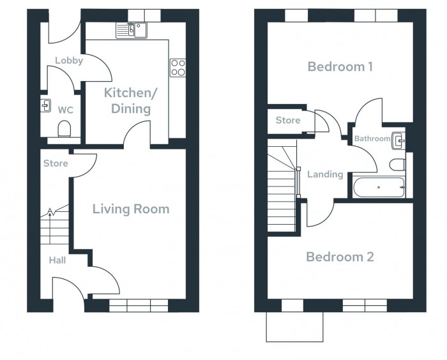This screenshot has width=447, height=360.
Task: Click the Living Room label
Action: click(x=131, y=209)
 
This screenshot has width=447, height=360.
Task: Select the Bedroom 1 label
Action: click(x=340, y=66)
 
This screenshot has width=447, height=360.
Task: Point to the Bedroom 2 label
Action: click(x=340, y=257)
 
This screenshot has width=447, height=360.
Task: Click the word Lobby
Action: click(x=69, y=61)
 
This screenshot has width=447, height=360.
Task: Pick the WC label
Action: click(x=65, y=110)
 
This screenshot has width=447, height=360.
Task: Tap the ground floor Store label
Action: click(x=56, y=163)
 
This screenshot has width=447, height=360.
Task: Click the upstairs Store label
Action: click(x=288, y=120)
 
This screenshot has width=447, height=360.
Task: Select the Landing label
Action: click(x=325, y=174)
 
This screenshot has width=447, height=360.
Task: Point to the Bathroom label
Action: click(x=372, y=139)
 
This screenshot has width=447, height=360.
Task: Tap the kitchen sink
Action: click(x=132, y=29)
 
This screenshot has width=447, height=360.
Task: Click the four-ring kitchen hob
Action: click(x=177, y=67)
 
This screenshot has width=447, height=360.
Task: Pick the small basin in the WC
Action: click(x=45, y=105)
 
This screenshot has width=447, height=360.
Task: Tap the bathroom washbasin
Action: click(x=398, y=139)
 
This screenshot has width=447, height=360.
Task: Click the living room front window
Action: click(x=139, y=305)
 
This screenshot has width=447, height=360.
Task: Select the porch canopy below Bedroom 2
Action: click(x=296, y=327)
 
